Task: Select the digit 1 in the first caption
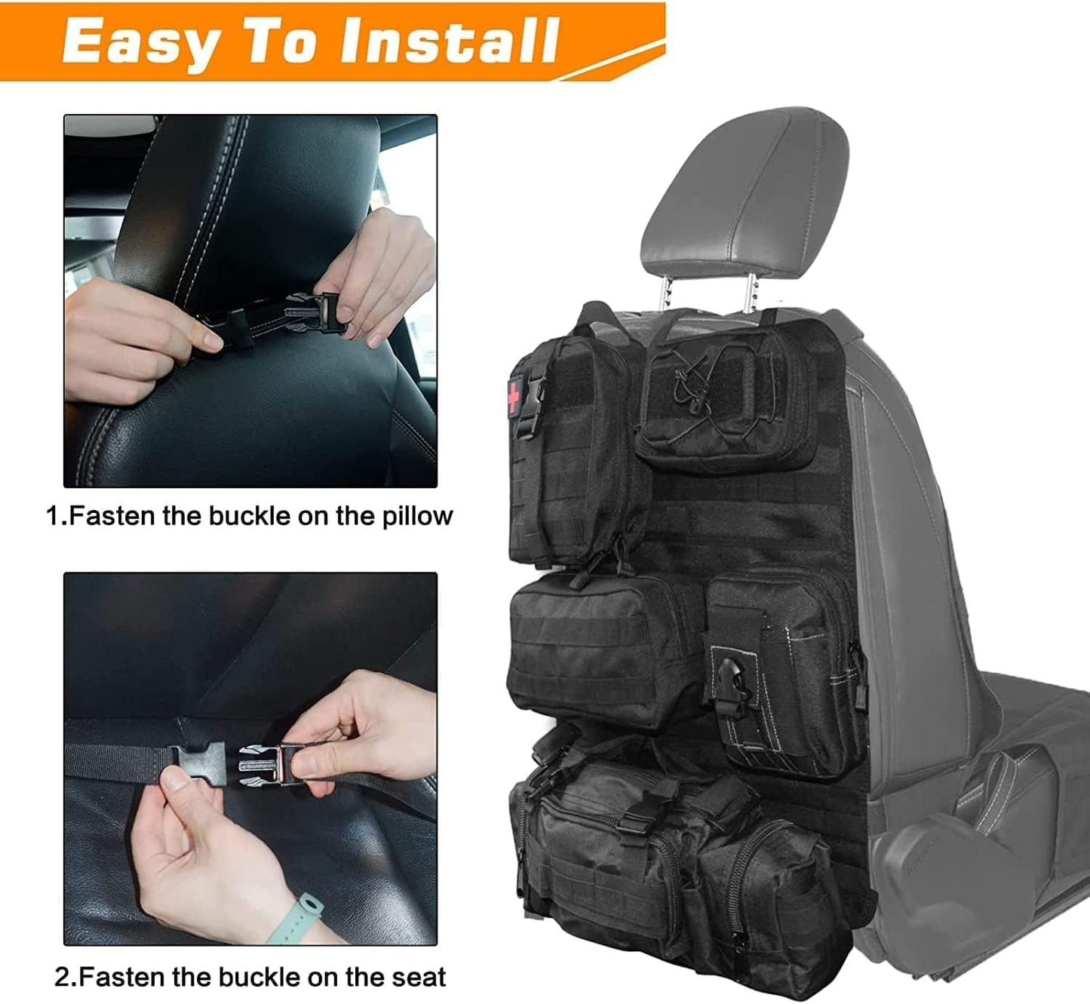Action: [x=53, y=517]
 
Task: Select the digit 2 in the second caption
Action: [x=62, y=978]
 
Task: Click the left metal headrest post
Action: [x=665, y=290]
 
